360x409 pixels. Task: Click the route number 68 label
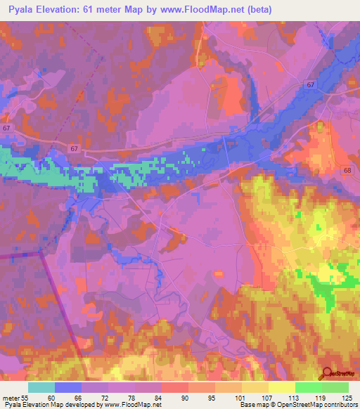point(346,171)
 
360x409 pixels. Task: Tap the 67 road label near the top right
point(311,85)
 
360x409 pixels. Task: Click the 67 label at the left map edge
point(6,129)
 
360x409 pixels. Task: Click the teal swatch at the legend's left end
point(41,387)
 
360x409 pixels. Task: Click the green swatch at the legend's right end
point(335,387)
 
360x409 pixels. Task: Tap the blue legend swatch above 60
point(68,387)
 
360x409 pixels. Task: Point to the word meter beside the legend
point(11,397)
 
